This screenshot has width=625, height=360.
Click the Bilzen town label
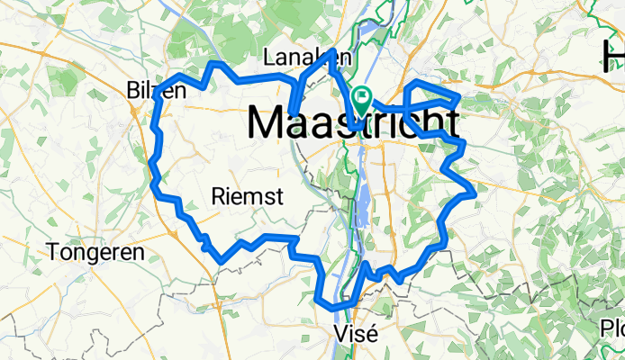[x=157, y=90]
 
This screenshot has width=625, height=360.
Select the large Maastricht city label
[x=352, y=123]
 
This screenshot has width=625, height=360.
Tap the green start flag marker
[x=361, y=100]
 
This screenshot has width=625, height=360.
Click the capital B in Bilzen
[x=134, y=90]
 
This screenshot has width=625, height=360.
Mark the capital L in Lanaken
[x=268, y=58]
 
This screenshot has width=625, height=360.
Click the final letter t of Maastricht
[x=451, y=123]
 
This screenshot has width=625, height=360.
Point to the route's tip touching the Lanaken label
[x=333, y=51]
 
